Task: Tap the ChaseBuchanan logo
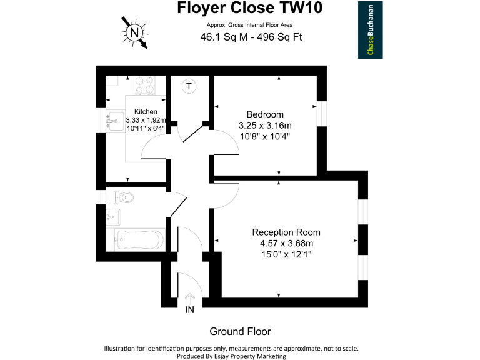tap(370, 29)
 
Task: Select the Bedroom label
tap(265, 114)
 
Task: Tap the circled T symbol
tap(189, 86)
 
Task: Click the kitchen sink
tap(114, 120)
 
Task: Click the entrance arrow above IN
tap(189, 298)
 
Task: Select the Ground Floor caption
tap(240, 331)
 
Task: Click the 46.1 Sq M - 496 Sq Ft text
tap(251, 37)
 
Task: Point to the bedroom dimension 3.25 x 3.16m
tap(265, 125)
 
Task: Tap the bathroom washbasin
tap(114, 218)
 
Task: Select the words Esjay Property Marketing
tap(249, 356)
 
